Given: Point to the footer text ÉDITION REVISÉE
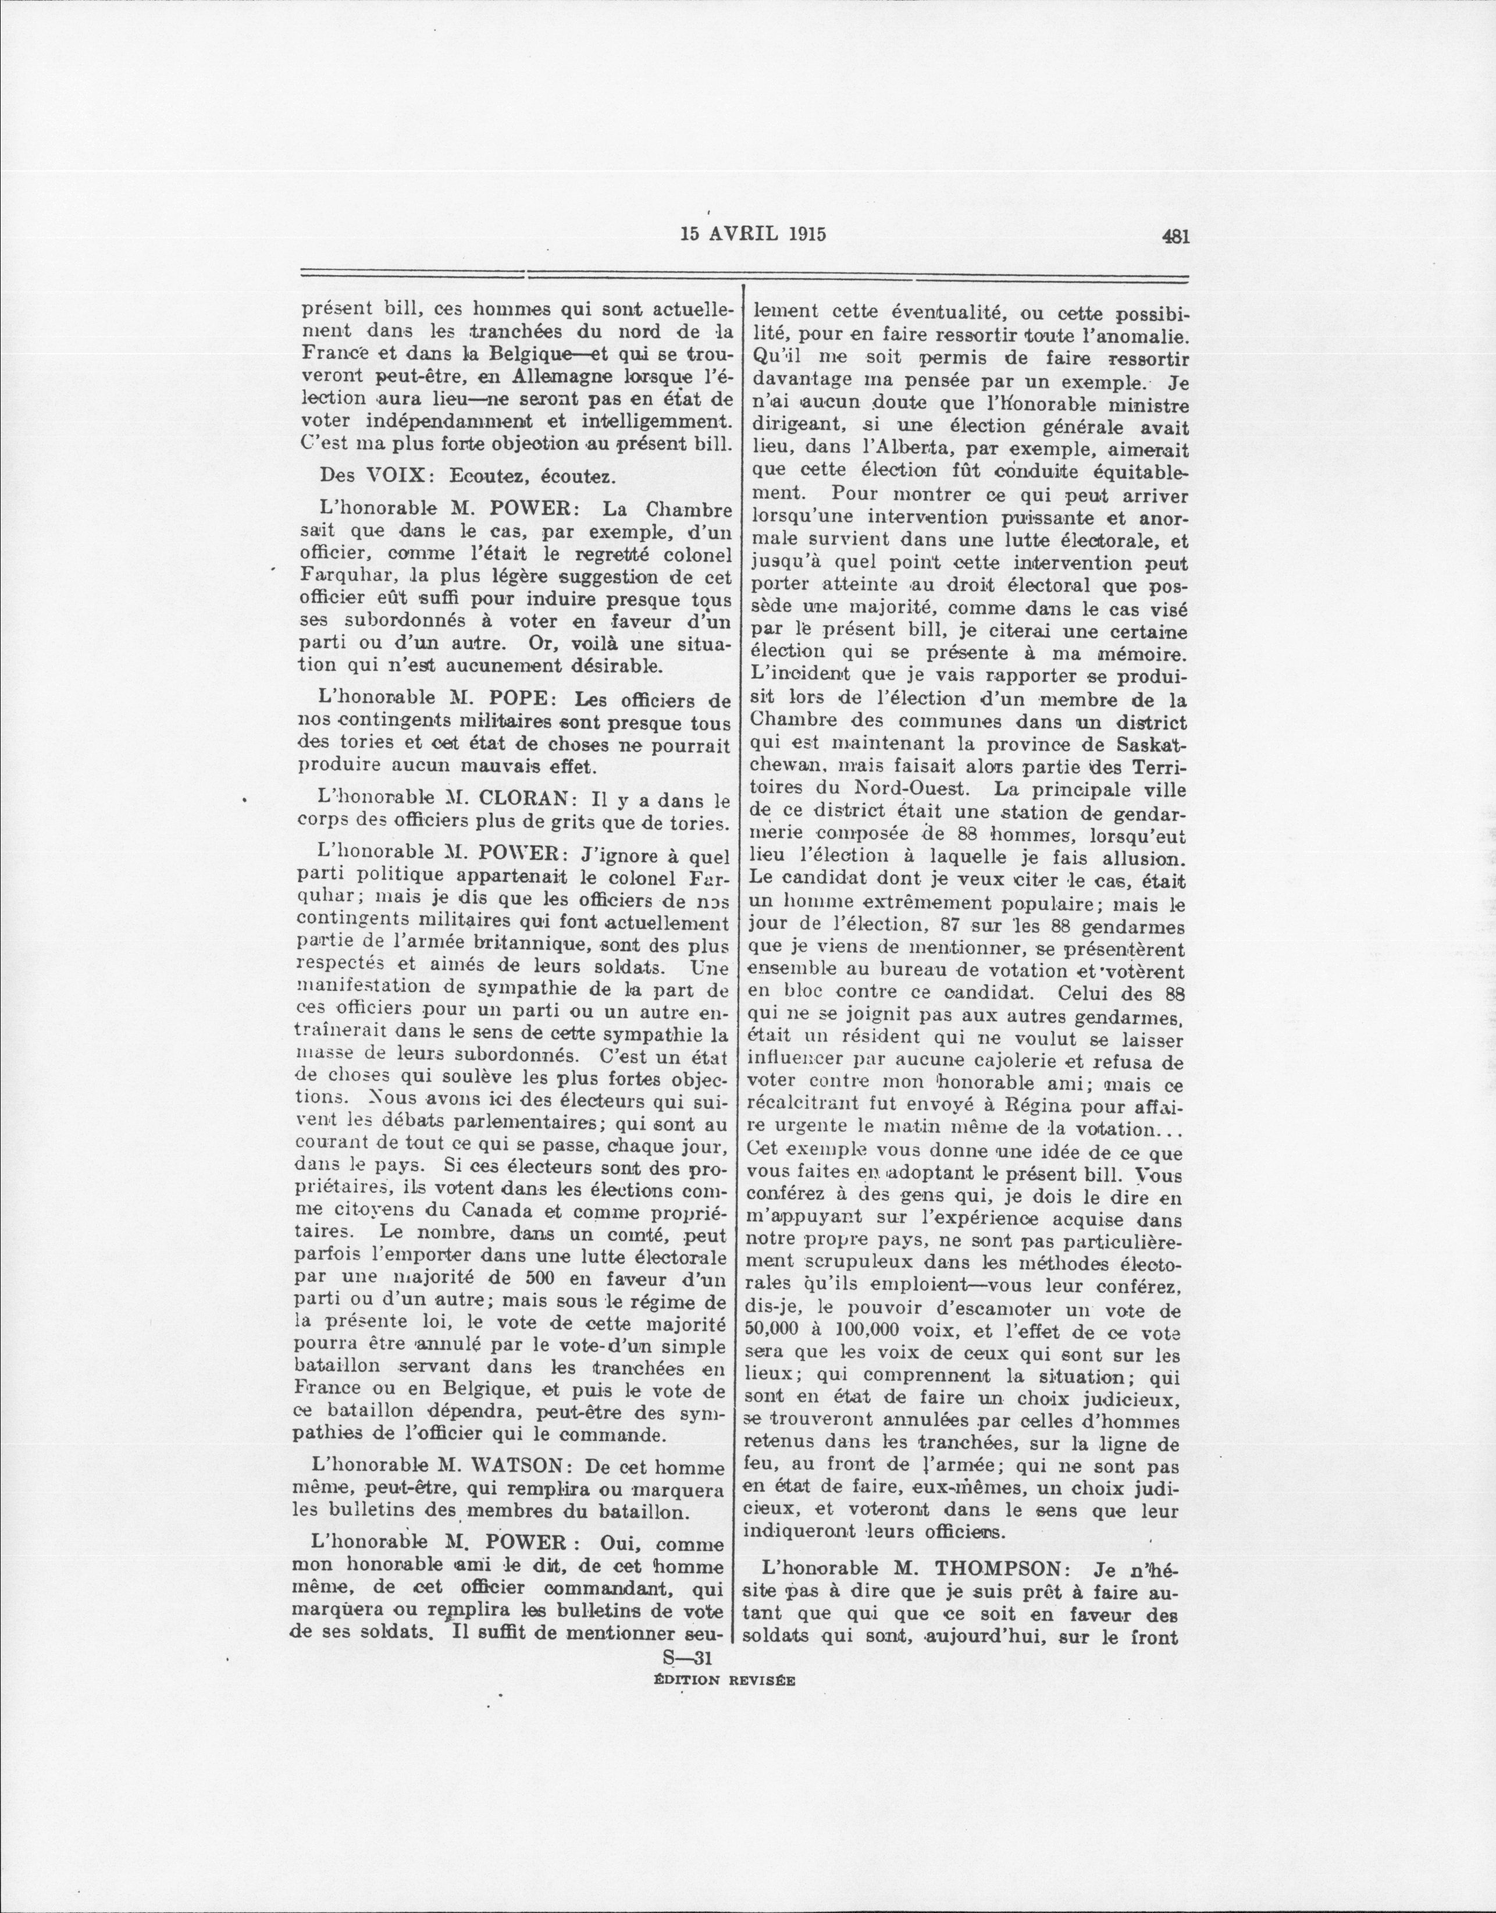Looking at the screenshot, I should (x=724, y=1681).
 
